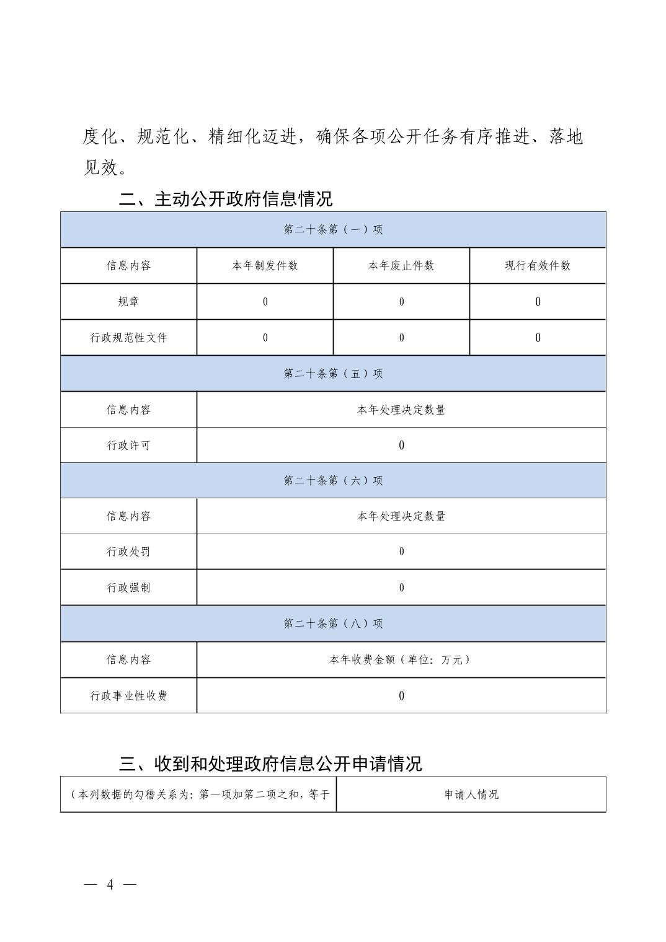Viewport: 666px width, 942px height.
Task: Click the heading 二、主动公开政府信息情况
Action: pyautogui.click(x=226, y=199)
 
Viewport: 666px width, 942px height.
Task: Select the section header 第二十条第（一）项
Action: pyautogui.click(x=333, y=229)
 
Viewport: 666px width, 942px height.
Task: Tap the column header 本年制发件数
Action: pyautogui.click(x=265, y=265)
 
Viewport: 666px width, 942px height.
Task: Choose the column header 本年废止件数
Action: pyautogui.click(x=401, y=265)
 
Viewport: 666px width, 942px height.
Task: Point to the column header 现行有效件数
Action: pyautogui.click(x=538, y=265)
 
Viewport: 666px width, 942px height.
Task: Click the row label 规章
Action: pyautogui.click(x=128, y=301)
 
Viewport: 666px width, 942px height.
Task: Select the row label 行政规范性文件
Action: pyautogui.click(x=128, y=337)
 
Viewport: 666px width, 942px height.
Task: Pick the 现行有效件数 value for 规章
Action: pyautogui.click(x=538, y=301)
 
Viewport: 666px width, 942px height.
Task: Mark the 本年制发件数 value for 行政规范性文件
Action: pyautogui.click(x=265, y=337)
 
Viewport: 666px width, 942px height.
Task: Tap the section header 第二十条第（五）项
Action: pyautogui.click(x=333, y=373)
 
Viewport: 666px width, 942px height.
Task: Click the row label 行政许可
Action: pyautogui.click(x=128, y=445)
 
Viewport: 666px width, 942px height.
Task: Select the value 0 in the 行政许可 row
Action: pyautogui.click(x=401, y=445)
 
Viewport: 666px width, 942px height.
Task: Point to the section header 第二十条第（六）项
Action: pyautogui.click(x=333, y=480)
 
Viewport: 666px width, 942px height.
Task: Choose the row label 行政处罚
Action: pyautogui.click(x=128, y=552)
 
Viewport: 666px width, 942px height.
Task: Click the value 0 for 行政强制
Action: pyautogui.click(x=401, y=588)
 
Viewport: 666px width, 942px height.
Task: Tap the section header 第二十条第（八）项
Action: pyautogui.click(x=333, y=623)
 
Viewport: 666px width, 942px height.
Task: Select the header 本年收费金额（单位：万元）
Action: pyautogui.click(x=401, y=659)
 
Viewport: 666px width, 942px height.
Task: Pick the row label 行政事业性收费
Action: pyautogui.click(x=128, y=695)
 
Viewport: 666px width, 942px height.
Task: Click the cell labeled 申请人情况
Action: pyautogui.click(x=471, y=794)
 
